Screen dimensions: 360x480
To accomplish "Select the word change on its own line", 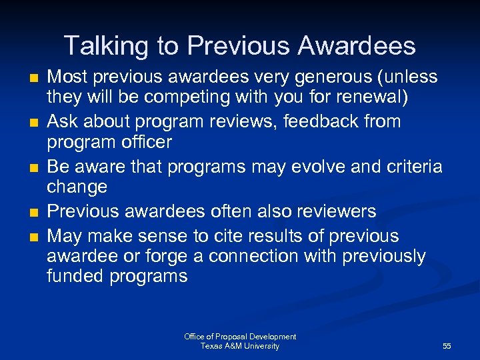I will coord(77,187).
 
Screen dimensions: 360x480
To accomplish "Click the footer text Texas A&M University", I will coord(240,346).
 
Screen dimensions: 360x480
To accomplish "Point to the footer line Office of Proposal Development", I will coord(240,337).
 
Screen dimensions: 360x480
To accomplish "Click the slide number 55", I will coord(447,346).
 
